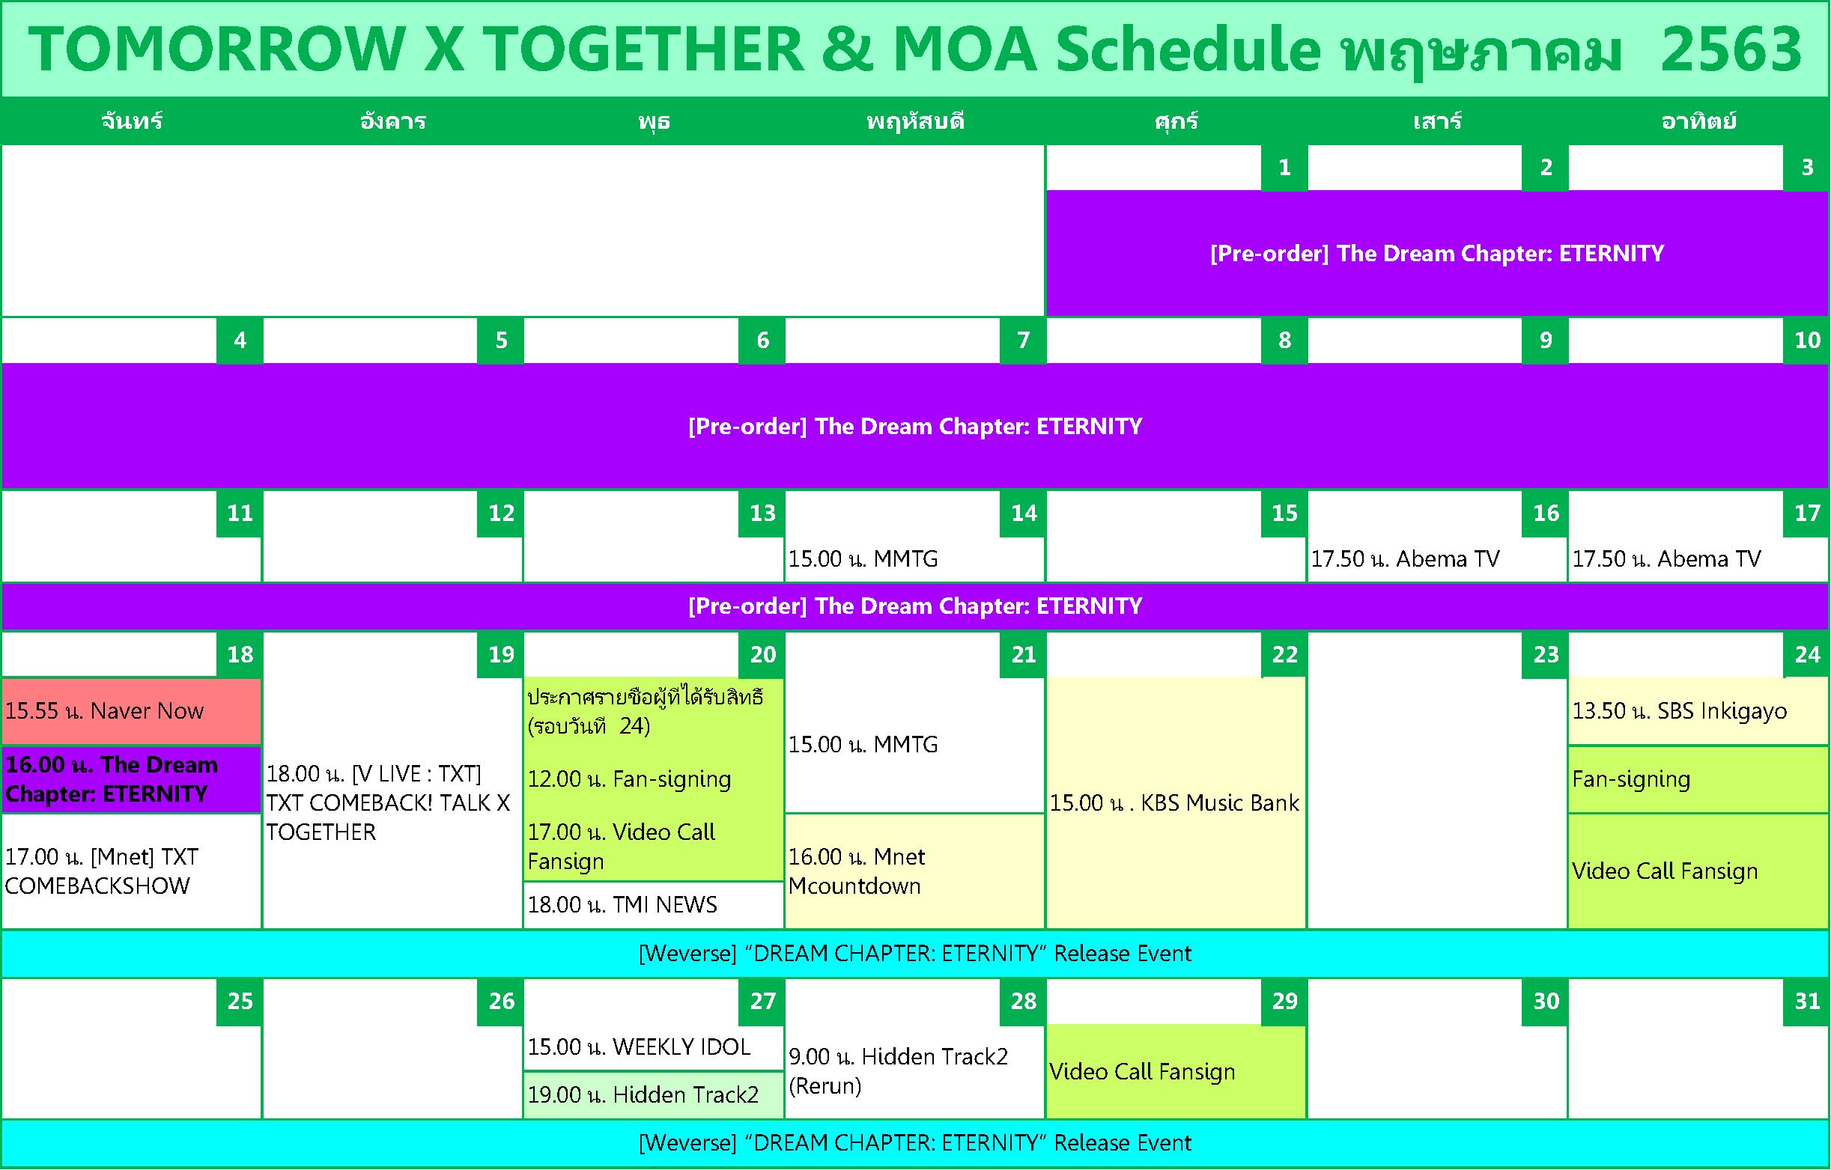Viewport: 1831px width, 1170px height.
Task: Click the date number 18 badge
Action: [240, 654]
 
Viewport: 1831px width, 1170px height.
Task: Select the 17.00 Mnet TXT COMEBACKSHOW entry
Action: [101, 871]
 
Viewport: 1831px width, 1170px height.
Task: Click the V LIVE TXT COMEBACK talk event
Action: [388, 802]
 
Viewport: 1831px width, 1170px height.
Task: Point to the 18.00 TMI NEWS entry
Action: [622, 905]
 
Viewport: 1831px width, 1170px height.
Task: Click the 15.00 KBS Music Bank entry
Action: [1176, 802]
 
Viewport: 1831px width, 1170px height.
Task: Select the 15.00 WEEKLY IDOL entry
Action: [639, 1047]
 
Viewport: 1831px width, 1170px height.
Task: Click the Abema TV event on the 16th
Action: [1405, 559]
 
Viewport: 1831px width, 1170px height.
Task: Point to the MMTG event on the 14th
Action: [863, 559]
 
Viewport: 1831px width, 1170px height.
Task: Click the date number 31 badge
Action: [1807, 1002]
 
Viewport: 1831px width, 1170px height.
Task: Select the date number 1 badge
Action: [1284, 167]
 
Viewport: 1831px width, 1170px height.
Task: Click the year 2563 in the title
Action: [1731, 49]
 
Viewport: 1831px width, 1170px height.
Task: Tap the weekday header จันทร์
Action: [132, 121]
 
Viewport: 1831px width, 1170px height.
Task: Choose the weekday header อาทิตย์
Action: [1698, 121]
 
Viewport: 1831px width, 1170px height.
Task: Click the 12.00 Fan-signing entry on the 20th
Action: [629, 779]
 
